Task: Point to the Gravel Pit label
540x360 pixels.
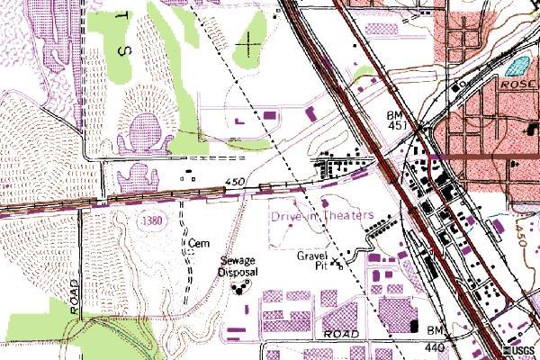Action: [315, 260]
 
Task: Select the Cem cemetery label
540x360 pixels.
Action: [199, 243]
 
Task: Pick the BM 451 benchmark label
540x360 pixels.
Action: [398, 121]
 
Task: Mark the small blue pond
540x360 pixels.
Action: [517, 65]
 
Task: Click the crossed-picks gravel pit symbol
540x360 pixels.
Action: [338, 264]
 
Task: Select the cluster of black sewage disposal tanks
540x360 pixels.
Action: [238, 288]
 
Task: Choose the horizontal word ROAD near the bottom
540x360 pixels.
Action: [343, 333]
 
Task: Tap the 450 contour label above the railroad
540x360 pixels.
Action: [236, 183]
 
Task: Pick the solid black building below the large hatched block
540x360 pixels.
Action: [415, 326]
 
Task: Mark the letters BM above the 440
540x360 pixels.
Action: [437, 332]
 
